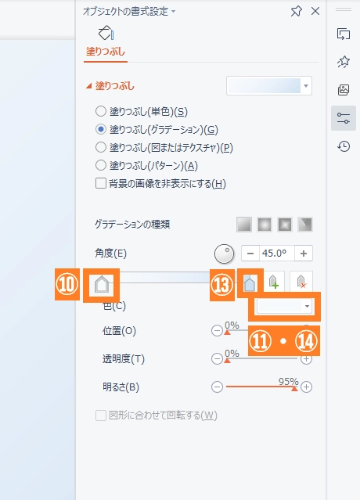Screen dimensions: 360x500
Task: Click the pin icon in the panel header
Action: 297,12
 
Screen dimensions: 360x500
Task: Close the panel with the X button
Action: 315,11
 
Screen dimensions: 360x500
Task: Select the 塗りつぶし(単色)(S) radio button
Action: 101,111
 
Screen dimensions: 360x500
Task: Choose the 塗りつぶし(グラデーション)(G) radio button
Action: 101,129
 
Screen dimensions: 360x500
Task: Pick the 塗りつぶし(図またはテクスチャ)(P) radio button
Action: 101,147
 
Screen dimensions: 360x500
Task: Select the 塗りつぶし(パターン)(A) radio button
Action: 101,165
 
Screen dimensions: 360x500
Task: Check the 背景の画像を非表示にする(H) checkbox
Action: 101,183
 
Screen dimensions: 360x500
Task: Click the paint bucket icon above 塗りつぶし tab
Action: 106,33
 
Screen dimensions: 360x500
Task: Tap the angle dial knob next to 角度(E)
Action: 224,254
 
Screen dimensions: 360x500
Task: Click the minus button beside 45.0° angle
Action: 250,254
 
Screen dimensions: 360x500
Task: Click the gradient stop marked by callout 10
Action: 102,285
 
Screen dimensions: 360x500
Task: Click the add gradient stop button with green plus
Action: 274,282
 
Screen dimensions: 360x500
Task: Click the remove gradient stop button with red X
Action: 301,282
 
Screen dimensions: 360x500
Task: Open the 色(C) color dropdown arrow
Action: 307,307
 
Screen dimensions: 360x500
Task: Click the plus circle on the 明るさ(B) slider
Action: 306,387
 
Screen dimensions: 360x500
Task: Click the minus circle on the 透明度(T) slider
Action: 217,359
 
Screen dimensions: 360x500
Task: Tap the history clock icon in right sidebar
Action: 344,146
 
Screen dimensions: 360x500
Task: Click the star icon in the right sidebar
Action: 344,62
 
